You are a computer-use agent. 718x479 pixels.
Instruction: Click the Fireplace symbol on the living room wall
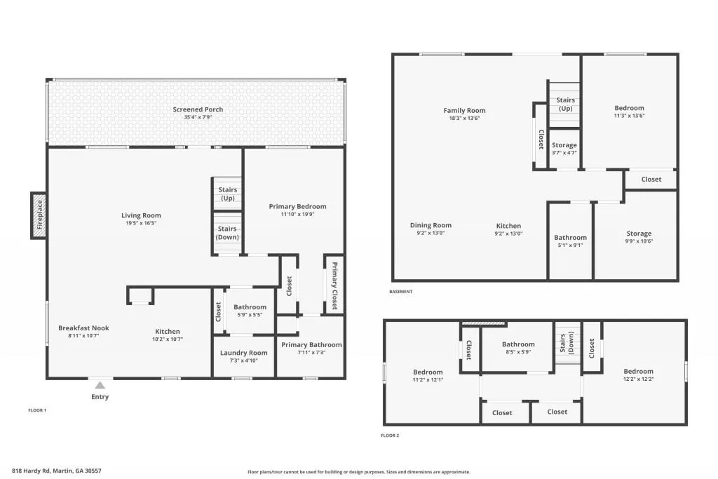[39, 215]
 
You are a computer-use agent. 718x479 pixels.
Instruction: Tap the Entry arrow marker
[100, 385]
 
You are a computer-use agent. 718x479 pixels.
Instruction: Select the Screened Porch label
[198, 109]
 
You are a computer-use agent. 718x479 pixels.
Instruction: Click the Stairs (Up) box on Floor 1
[227, 194]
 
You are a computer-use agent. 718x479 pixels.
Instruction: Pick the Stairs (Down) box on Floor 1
[227, 233]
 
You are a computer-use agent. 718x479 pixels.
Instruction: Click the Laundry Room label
[243, 353]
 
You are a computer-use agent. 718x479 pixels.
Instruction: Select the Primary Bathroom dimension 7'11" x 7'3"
[311, 353]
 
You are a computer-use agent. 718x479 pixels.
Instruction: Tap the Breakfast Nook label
[83, 328]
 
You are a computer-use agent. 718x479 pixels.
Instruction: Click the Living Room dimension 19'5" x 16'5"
[141, 224]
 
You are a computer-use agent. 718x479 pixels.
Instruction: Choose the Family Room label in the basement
[464, 110]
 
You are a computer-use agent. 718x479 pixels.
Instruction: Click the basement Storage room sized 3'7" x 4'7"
[564, 149]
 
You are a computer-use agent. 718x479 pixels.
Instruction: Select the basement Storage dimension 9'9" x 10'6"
[639, 242]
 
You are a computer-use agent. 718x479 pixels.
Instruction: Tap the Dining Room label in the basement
[431, 226]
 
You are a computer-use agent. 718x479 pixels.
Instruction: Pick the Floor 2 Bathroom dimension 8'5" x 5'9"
[518, 353]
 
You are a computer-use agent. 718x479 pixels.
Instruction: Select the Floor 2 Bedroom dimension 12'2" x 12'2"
[639, 379]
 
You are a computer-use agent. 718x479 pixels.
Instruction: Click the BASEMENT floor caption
[401, 292]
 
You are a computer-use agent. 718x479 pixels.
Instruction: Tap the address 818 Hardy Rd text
[57, 471]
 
